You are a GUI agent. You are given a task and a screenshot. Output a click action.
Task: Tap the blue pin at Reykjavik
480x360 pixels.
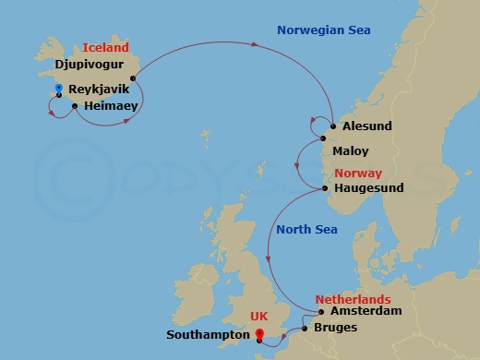(x=59, y=90)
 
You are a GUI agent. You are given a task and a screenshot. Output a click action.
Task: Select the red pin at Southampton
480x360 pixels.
(x=259, y=335)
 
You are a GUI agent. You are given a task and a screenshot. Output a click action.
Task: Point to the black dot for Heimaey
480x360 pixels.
(x=74, y=107)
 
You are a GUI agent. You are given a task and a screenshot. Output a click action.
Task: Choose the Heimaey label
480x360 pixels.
(x=110, y=107)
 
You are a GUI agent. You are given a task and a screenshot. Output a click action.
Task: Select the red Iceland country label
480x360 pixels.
(x=106, y=47)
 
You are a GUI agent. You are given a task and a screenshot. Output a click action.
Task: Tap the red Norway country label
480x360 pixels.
(x=358, y=173)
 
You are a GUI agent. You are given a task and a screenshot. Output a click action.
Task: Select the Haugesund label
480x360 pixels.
(x=370, y=188)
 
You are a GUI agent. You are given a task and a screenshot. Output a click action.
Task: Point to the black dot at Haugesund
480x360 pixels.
(x=326, y=188)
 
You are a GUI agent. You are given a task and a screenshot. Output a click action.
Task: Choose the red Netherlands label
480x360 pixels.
(x=353, y=300)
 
